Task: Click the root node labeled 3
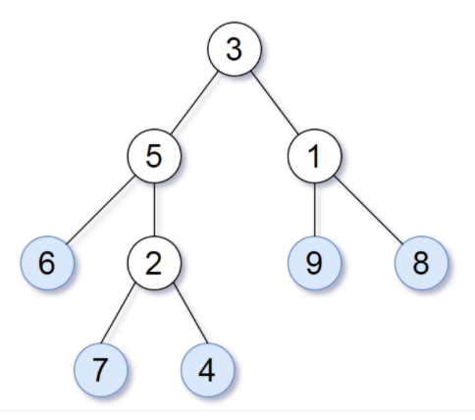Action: tap(235, 49)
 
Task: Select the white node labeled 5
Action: tap(154, 156)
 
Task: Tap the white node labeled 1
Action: tap(315, 156)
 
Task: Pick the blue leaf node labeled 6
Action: tap(47, 263)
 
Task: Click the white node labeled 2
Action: tap(154, 263)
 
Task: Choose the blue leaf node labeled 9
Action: tap(315, 263)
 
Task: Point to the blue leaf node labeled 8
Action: tap(421, 263)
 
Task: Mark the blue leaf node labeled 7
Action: tap(101, 370)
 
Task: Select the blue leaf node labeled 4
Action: tap(208, 370)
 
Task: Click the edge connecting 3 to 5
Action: tap(194, 103)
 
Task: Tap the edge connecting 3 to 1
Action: tap(275, 103)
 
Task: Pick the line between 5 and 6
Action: tap(100, 210)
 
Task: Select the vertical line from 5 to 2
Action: tap(154, 210)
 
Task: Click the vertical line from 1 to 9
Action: tap(315, 210)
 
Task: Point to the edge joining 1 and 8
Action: tap(368, 210)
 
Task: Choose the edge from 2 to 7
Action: tap(118, 313)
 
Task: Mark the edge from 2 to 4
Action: tap(190, 313)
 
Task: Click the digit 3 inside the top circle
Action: tap(235, 50)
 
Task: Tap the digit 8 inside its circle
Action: tap(421, 264)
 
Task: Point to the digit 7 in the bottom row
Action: tap(100, 370)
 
